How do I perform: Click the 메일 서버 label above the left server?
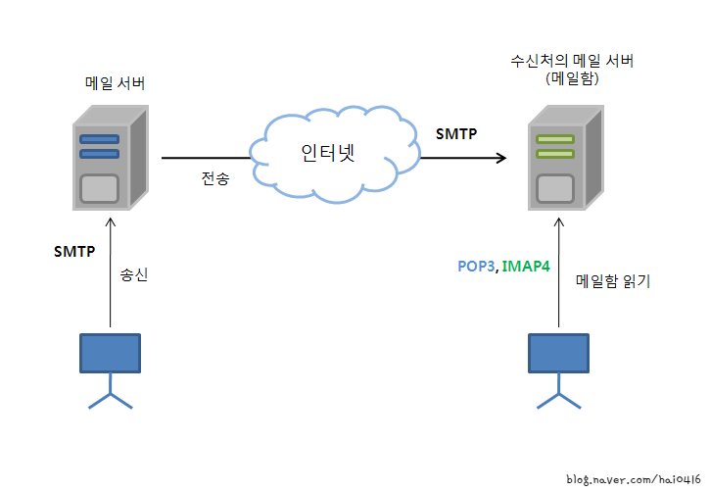[x=115, y=83]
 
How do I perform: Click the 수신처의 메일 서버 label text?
[x=572, y=61]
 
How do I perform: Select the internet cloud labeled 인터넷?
[x=326, y=153]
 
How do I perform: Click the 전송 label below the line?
[x=215, y=179]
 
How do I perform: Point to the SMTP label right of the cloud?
[x=456, y=133]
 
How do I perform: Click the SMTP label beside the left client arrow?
[x=74, y=252]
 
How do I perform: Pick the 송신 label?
[x=133, y=276]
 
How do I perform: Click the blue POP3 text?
[x=476, y=266]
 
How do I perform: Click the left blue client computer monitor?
[x=110, y=354]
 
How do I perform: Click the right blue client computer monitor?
[x=559, y=354]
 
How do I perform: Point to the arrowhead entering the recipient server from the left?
[x=501, y=158]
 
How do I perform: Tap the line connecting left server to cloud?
[x=206, y=158]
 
